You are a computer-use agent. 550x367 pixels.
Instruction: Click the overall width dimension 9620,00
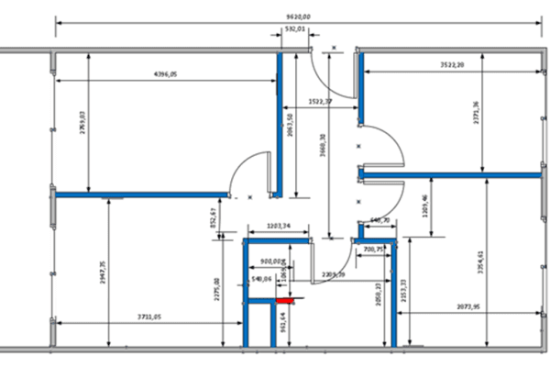point(298,17)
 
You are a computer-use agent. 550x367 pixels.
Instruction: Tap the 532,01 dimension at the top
point(295,29)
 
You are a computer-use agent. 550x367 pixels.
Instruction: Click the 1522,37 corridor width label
point(320,101)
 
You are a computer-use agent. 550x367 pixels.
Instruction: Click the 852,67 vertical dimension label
point(213,219)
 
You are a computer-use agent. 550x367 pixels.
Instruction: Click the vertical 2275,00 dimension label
point(216,291)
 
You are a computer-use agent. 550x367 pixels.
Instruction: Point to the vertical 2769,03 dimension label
point(82,123)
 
